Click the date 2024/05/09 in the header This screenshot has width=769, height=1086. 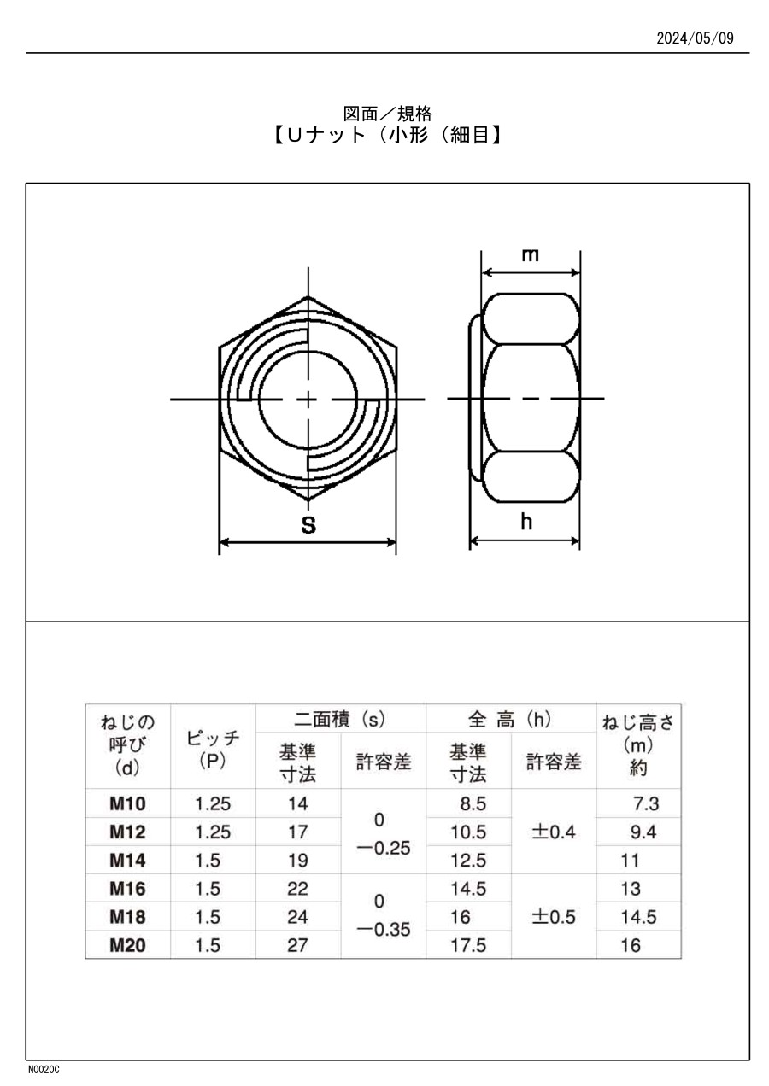pyautogui.click(x=694, y=38)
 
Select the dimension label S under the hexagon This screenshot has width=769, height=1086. pyautogui.click(x=308, y=525)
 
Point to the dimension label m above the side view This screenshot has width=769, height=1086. pyautogui.click(x=531, y=254)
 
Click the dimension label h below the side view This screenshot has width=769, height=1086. pyautogui.click(x=526, y=522)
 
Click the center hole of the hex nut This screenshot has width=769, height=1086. pyautogui.click(x=308, y=399)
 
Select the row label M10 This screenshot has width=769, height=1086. pyautogui.click(x=127, y=803)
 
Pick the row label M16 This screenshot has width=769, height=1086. pyautogui.click(x=127, y=889)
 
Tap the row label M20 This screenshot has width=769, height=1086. pyautogui.click(x=127, y=945)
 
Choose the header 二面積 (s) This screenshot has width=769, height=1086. pyautogui.click(x=340, y=720)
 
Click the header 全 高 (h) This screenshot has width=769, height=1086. pyautogui.click(x=510, y=720)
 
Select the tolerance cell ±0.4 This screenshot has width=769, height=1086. pyautogui.click(x=553, y=832)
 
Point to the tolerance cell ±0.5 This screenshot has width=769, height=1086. pyautogui.click(x=553, y=917)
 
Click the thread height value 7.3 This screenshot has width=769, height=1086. pyautogui.click(x=645, y=803)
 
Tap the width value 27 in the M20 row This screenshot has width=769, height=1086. pyautogui.click(x=297, y=945)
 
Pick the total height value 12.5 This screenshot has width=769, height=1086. pyautogui.click(x=468, y=860)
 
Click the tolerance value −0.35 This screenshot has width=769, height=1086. pyautogui.click(x=383, y=931)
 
